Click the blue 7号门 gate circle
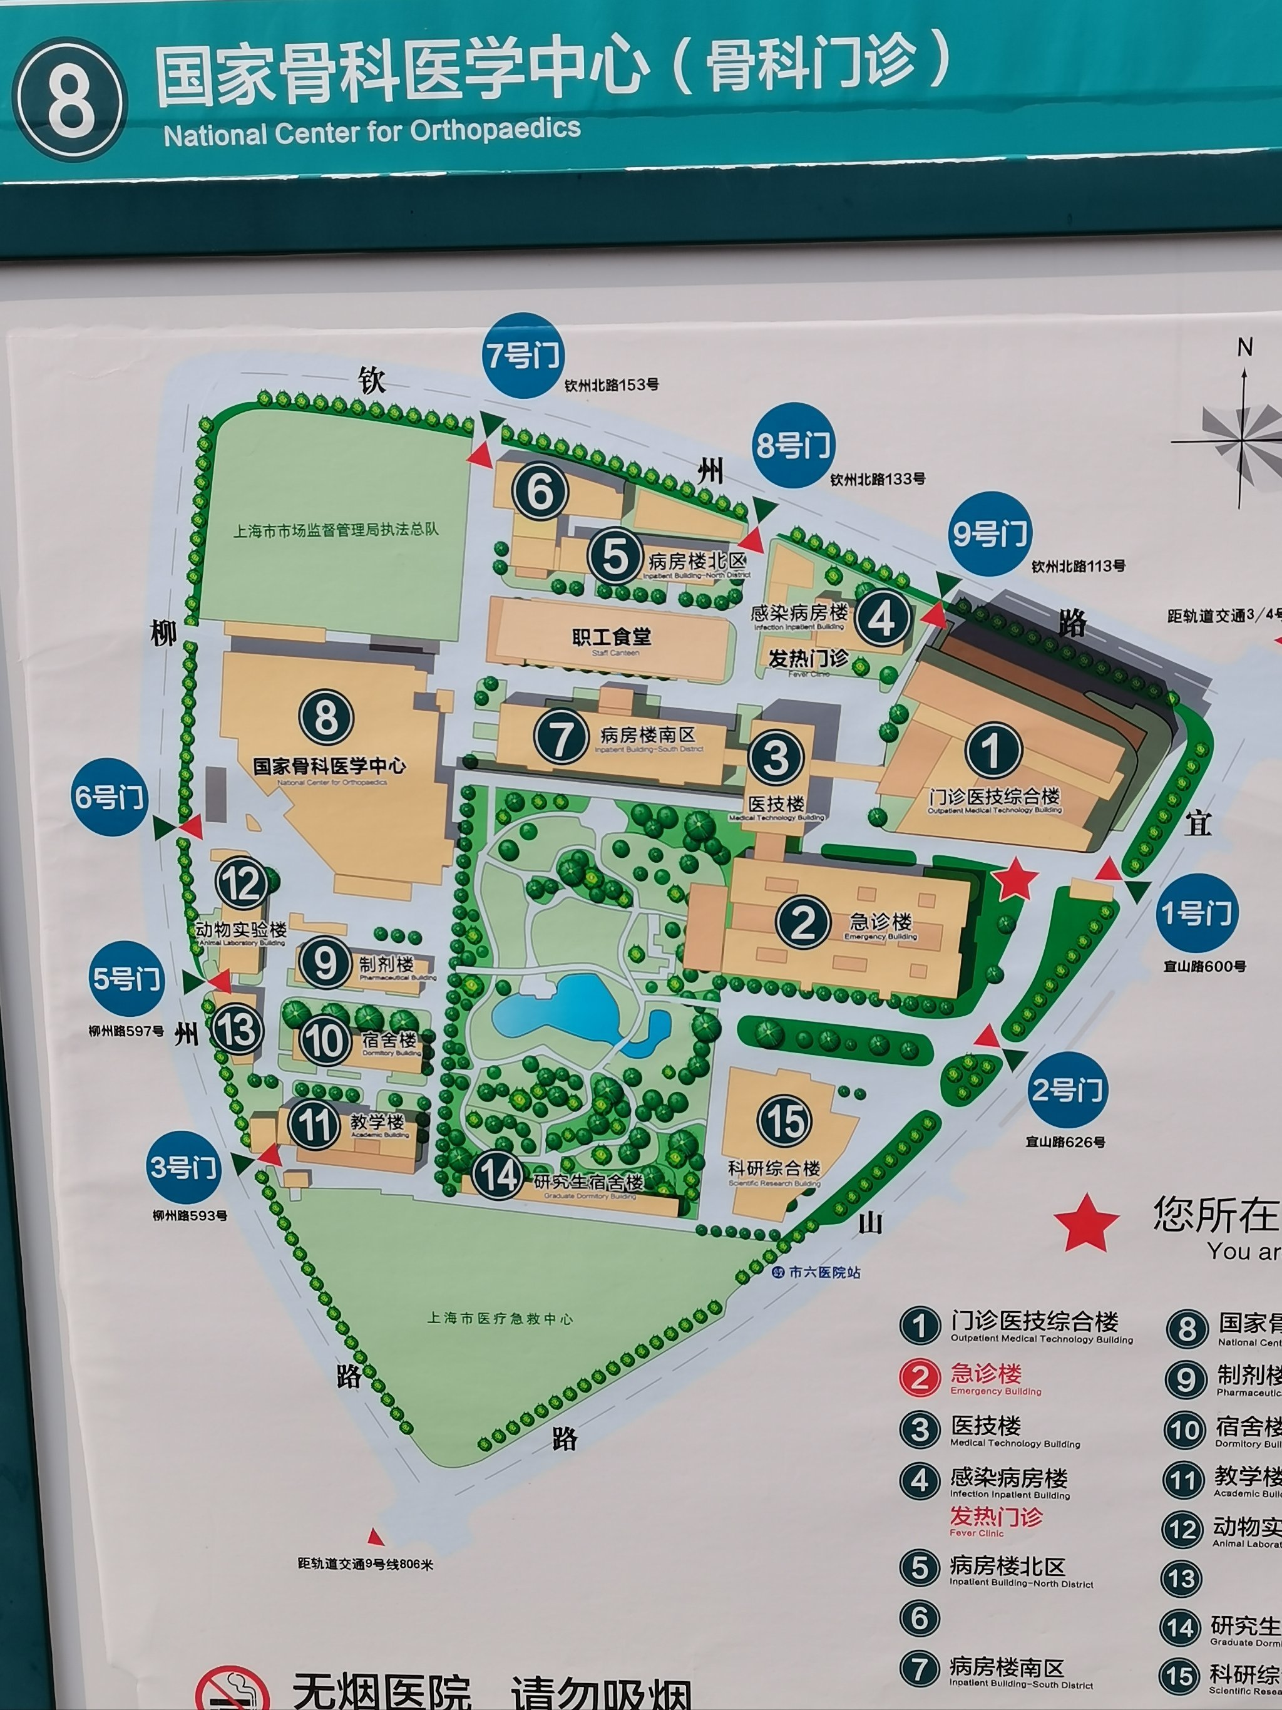click(x=523, y=356)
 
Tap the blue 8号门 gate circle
click(x=794, y=445)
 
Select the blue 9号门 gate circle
click(x=989, y=533)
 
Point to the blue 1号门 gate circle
click(x=1196, y=913)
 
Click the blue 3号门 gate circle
click(x=184, y=1167)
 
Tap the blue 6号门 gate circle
click(x=110, y=796)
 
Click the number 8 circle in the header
click(x=70, y=101)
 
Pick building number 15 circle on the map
click(x=784, y=1121)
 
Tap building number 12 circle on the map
click(x=241, y=883)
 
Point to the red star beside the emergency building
click(x=1015, y=879)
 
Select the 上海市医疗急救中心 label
click(x=501, y=1318)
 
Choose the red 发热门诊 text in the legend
click(x=996, y=1516)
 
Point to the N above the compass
click(x=1244, y=348)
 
